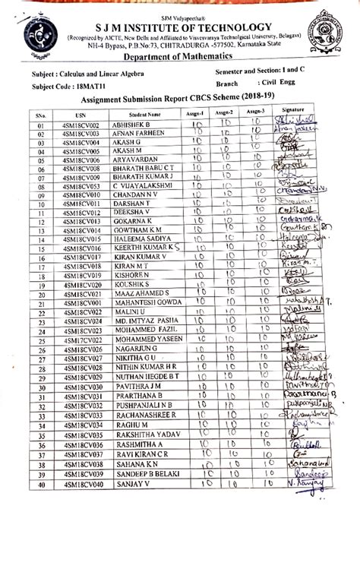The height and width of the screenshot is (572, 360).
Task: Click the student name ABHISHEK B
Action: point(131,124)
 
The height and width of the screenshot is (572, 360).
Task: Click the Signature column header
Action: point(292,111)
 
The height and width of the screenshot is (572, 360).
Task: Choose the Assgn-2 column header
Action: point(224,112)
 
